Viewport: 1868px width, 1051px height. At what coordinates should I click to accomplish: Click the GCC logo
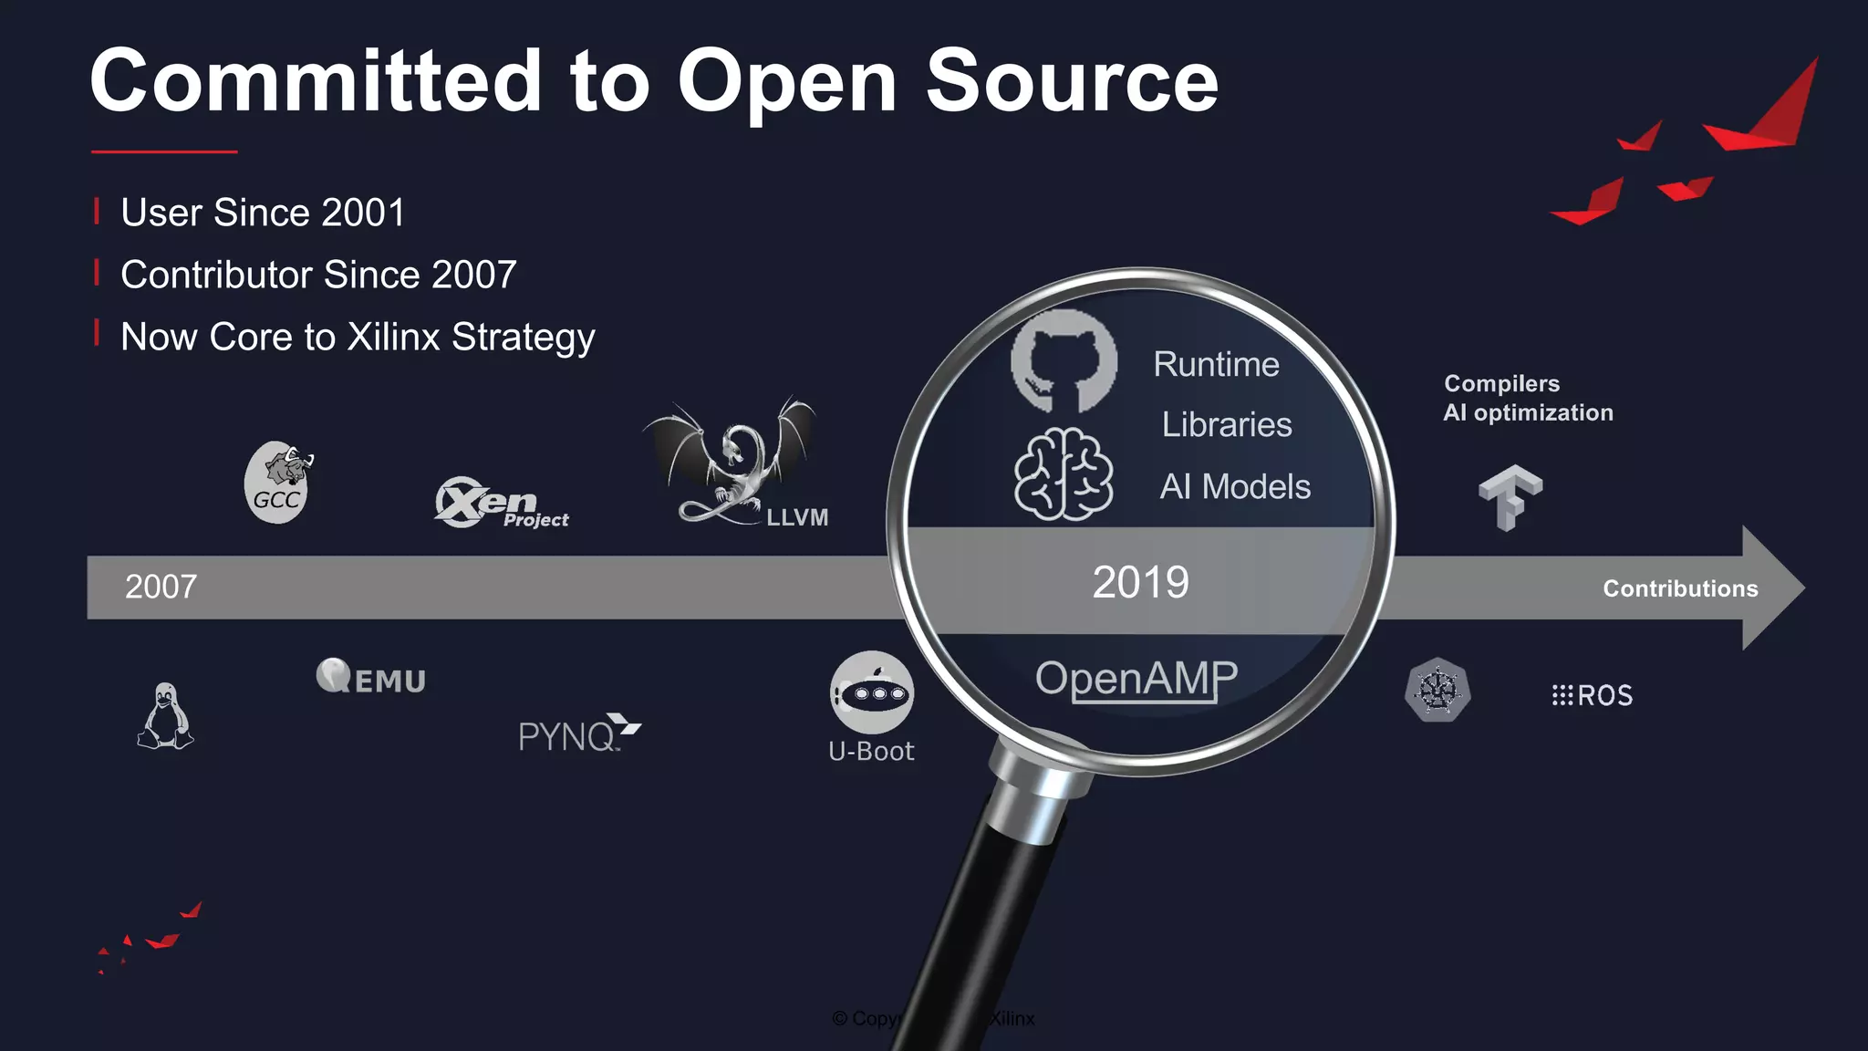pos(277,483)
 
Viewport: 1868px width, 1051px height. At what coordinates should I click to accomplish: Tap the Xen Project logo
pos(500,503)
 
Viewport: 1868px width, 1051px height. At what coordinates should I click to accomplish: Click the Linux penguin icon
pos(165,717)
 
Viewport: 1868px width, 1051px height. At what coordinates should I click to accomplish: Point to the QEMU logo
pos(371,677)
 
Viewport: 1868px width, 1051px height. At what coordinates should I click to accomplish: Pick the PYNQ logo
pos(578,734)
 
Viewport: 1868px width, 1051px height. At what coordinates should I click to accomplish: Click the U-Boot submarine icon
pos(871,692)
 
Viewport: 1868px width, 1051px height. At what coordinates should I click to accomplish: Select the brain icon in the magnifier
pos(1064,473)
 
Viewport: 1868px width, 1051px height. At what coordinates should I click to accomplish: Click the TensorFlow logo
pos(1510,496)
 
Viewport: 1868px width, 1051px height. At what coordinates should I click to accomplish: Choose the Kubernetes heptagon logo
pos(1437,690)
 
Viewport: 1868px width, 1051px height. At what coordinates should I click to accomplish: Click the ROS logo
pos(1593,696)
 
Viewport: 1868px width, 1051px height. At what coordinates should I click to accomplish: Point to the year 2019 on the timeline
pos(1140,582)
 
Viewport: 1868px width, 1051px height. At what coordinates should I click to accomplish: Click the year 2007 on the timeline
pos(161,587)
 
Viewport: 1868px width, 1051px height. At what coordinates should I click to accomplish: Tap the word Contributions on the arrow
pos(1680,588)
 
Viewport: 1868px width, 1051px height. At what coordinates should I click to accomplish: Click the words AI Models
pos(1235,487)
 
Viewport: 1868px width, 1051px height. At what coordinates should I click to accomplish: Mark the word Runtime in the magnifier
pos(1216,365)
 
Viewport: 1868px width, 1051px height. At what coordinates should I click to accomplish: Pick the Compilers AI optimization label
pos(1528,399)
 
